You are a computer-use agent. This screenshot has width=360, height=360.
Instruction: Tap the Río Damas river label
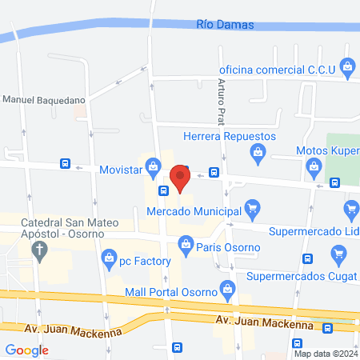[225, 25]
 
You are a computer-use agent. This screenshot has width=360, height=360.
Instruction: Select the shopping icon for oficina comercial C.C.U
[346, 66]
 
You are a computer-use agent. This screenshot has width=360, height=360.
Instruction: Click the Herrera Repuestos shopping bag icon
[258, 151]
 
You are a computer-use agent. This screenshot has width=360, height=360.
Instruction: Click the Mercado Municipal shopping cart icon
[253, 210]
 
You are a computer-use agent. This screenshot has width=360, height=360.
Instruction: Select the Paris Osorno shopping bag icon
[186, 242]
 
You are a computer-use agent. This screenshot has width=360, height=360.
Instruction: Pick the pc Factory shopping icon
[109, 258]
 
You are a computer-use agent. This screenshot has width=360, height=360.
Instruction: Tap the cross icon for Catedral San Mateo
[38, 250]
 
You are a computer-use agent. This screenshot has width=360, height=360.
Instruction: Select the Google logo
[27, 350]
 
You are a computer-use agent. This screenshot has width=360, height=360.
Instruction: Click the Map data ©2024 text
[326, 353]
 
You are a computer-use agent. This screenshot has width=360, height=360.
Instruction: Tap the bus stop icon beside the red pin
[214, 172]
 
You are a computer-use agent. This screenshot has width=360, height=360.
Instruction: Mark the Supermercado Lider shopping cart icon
[350, 211]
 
